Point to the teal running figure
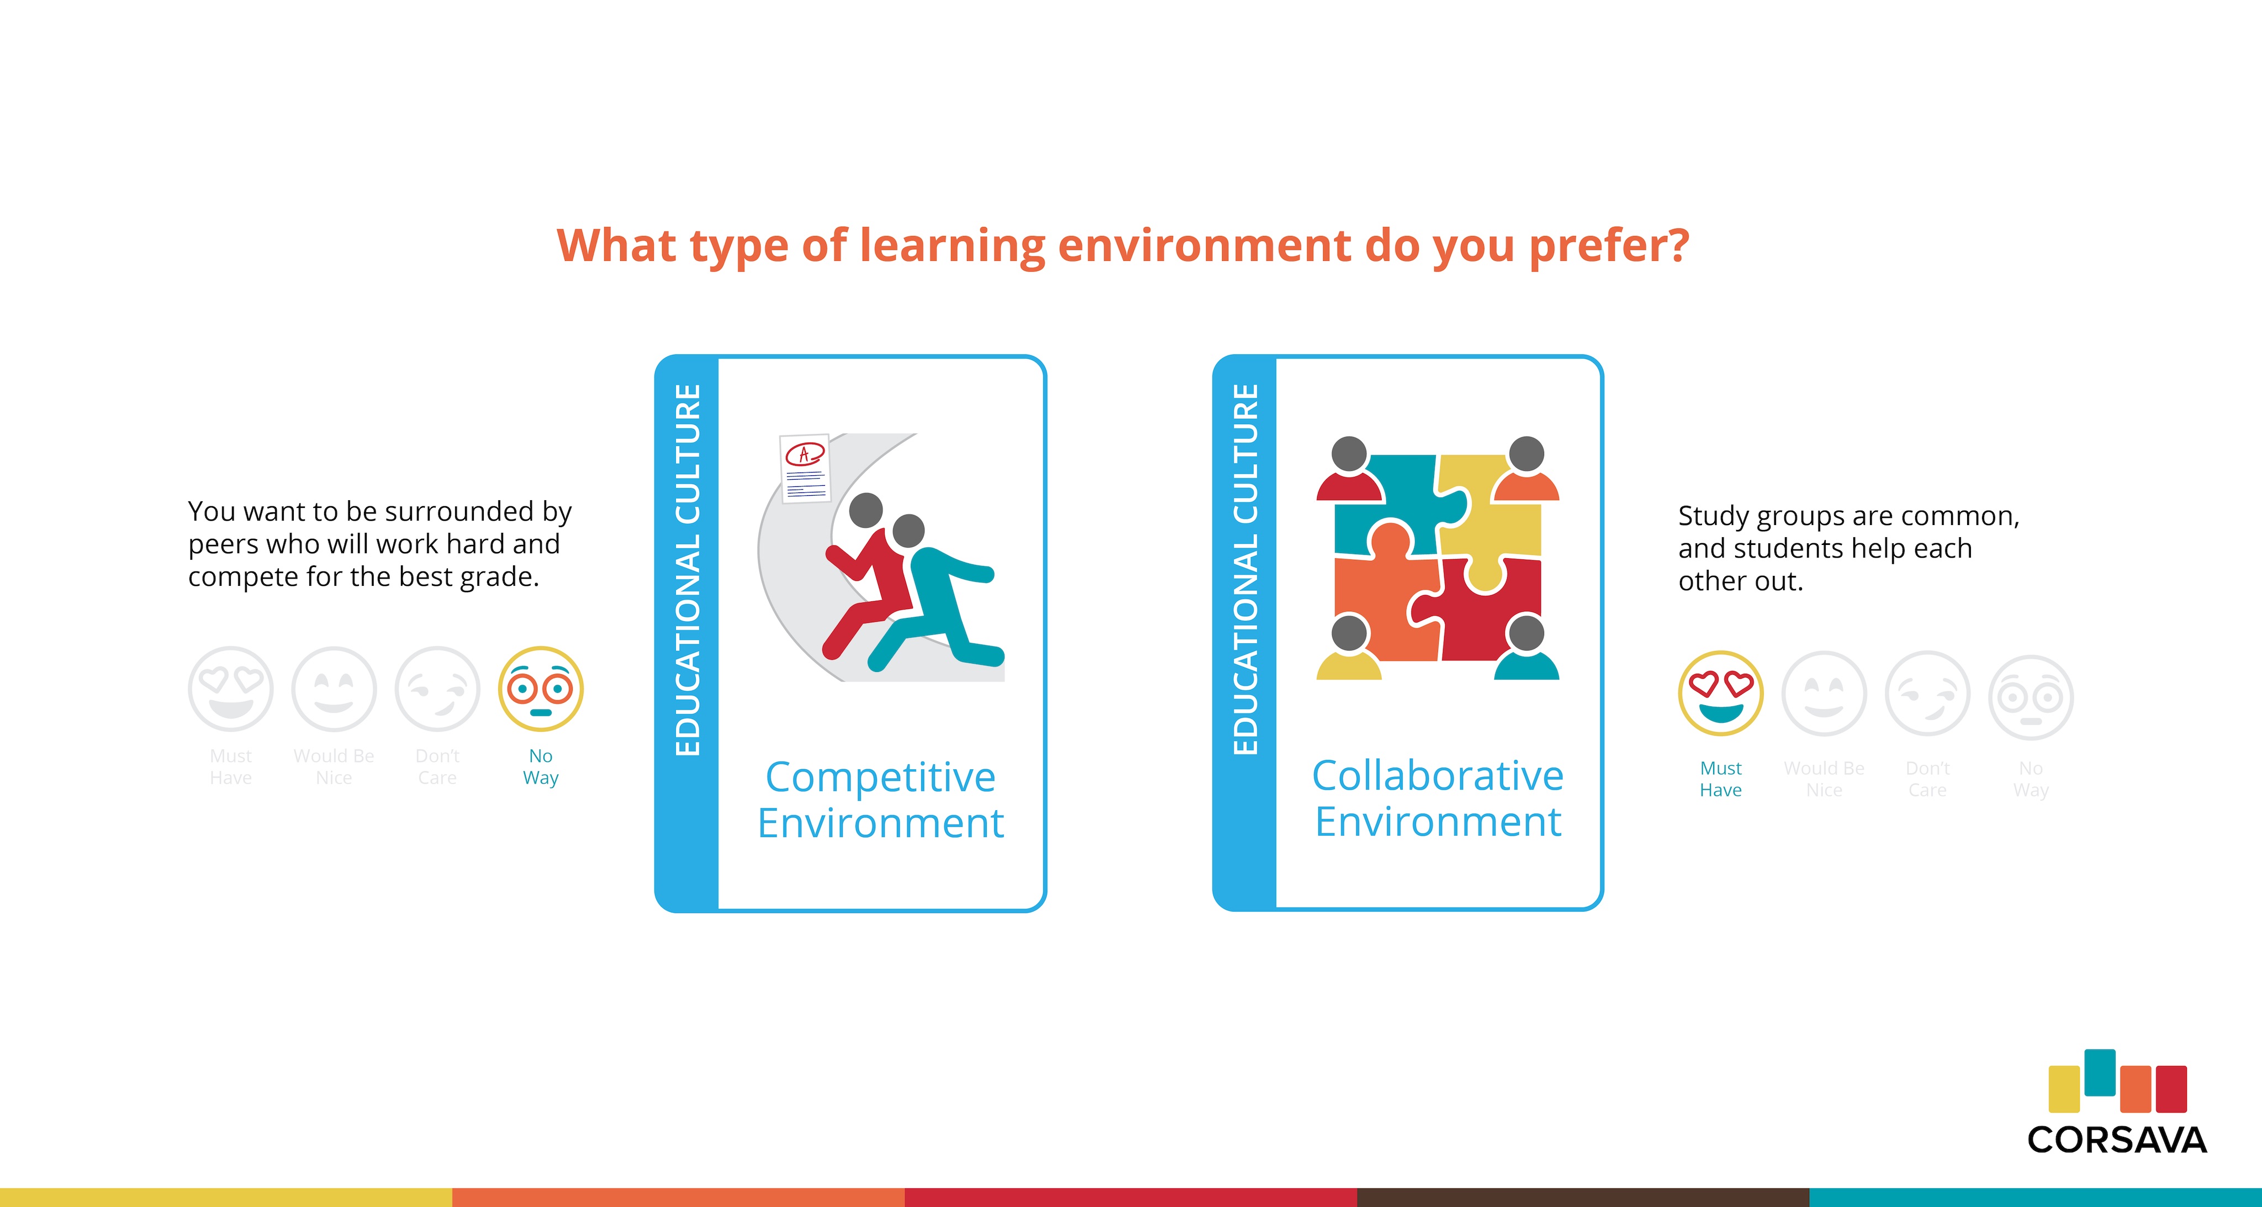[934, 597]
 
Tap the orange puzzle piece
[1383, 597]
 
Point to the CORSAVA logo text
[2116, 1140]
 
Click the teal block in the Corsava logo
[2100, 1072]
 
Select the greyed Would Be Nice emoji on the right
[1824, 693]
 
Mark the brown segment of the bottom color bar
[1583, 1198]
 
